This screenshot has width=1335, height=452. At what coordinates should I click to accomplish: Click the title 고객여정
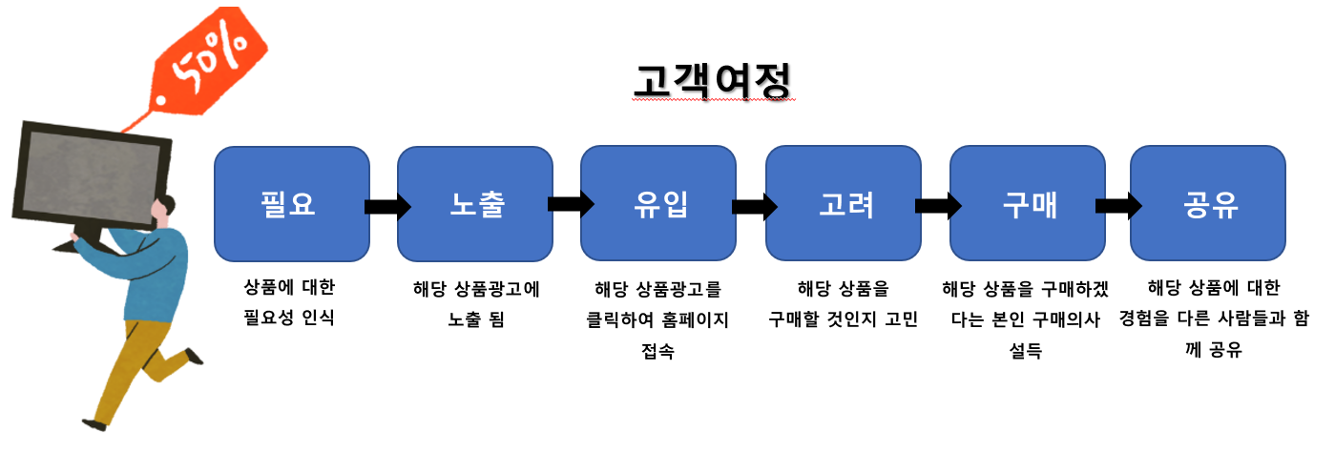pos(713,81)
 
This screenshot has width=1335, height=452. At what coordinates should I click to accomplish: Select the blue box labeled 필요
pos(292,204)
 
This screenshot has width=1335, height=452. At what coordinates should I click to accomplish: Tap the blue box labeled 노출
pos(475,204)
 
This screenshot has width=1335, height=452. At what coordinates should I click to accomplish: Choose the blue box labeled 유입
pos(658,203)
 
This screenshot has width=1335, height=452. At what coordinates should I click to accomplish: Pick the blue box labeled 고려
pos(844,203)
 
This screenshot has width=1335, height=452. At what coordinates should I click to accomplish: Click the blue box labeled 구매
pos(1028,203)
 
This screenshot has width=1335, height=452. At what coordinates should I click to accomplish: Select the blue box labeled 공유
pos(1208,203)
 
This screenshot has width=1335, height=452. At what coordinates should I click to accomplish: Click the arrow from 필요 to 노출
pos(387,207)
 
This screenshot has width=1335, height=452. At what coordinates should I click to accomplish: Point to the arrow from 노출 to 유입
pos(571,204)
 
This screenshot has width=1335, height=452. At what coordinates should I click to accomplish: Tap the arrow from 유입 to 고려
pos(755,207)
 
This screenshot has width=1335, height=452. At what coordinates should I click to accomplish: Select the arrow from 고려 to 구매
pos(939,206)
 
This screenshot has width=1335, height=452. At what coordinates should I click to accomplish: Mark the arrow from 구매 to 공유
pos(1118,206)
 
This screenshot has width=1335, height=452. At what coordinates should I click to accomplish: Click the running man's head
pos(162,209)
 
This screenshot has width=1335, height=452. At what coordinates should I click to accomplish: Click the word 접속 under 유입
pos(658,351)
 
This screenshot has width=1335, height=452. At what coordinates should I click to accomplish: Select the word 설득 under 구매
pos(1026,351)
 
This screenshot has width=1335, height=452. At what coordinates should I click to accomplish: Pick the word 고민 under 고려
pos(901,319)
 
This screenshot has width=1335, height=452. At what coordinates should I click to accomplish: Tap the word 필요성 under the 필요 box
pos(269,318)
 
